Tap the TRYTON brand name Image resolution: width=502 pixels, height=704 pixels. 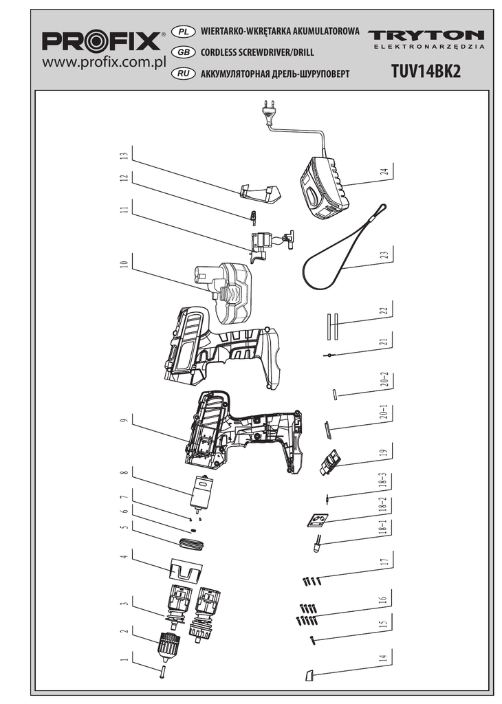click(x=426, y=35)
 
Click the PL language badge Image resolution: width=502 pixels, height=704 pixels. click(x=183, y=32)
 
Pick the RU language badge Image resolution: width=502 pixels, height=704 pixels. click(x=183, y=72)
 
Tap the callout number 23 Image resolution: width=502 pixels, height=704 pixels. click(x=384, y=254)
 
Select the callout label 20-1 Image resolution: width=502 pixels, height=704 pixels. click(x=384, y=412)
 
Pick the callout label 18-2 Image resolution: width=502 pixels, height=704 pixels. click(x=384, y=505)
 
